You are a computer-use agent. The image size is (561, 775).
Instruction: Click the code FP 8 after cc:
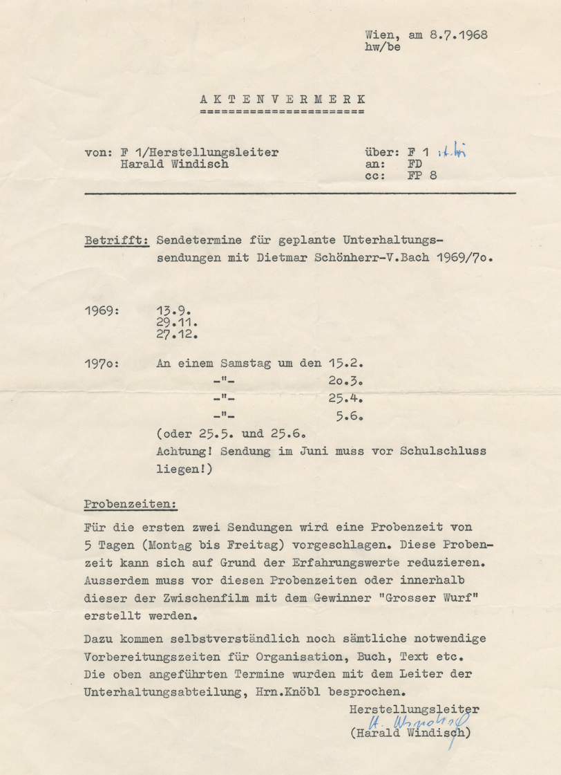[423, 176]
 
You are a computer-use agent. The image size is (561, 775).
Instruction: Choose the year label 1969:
[102, 310]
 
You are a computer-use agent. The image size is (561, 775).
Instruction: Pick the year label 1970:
[102, 362]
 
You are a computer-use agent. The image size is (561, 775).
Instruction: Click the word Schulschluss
[443, 451]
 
